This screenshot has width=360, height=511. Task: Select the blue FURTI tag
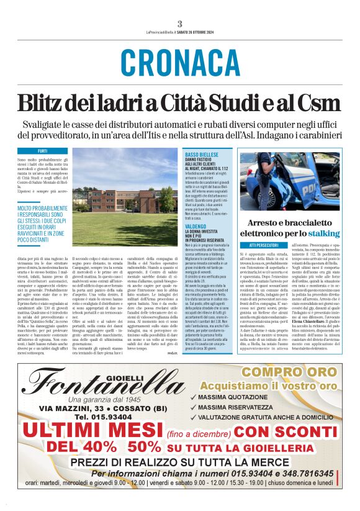point(42,151)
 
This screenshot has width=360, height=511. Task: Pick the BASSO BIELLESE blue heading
point(201,153)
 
